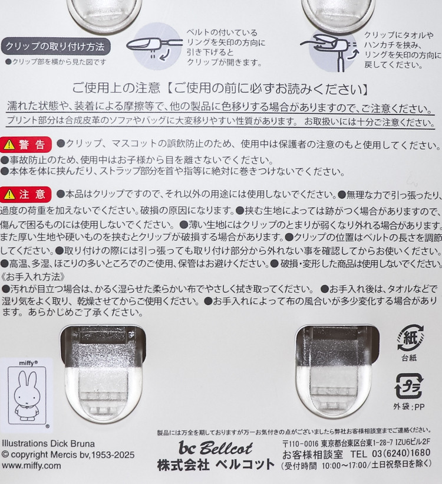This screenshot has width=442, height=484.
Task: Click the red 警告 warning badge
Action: (x=26, y=145)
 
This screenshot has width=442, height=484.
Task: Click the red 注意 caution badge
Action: (x=26, y=194)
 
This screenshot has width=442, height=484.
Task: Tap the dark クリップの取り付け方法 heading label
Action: (x=55, y=47)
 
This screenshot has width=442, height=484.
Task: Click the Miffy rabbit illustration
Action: (x=27, y=395)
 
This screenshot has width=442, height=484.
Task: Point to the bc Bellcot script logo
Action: (x=216, y=448)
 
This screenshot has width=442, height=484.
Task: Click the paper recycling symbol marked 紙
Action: (x=410, y=338)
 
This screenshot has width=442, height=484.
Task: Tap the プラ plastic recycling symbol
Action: (x=409, y=386)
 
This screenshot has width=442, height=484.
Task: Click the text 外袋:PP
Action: (x=409, y=407)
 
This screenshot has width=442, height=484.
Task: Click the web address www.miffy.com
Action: (x=31, y=466)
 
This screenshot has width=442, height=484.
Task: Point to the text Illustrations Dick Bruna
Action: (x=48, y=443)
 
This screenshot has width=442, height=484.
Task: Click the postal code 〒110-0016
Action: (x=300, y=443)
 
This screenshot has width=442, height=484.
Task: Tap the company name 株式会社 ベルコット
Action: (x=216, y=465)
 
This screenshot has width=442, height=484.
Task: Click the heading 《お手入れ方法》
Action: (x=33, y=277)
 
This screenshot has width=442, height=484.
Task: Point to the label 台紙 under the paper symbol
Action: (x=409, y=358)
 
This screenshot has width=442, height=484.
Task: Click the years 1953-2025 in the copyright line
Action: (x=112, y=454)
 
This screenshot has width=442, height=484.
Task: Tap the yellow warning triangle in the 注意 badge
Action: (x=10, y=194)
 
